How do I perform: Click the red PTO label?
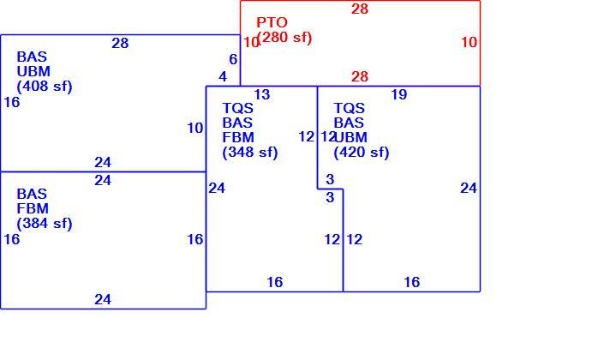point(272,22)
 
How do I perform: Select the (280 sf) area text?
point(285,38)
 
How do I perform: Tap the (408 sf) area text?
point(45,86)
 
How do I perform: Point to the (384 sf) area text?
point(45,223)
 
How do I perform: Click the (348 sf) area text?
point(250,152)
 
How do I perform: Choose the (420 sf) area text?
point(362,152)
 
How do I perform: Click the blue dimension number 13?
point(262,94)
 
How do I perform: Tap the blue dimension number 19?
point(399,94)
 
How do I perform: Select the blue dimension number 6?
point(233,59)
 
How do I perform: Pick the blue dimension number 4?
point(223,76)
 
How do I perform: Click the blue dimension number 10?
point(195,128)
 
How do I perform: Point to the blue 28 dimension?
point(120,43)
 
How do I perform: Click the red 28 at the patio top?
point(360,9)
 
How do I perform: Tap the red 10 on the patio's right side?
point(469,42)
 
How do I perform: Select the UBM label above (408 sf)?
point(33,71)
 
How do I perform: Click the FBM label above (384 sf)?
point(33,208)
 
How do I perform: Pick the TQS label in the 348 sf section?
point(238,108)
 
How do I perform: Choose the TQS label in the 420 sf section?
point(349,108)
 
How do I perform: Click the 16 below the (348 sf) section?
point(275,282)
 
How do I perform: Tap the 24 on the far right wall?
point(469,188)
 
